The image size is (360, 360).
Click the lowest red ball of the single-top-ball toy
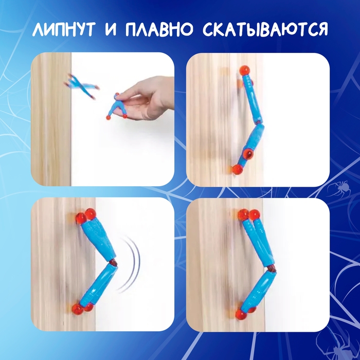237,169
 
